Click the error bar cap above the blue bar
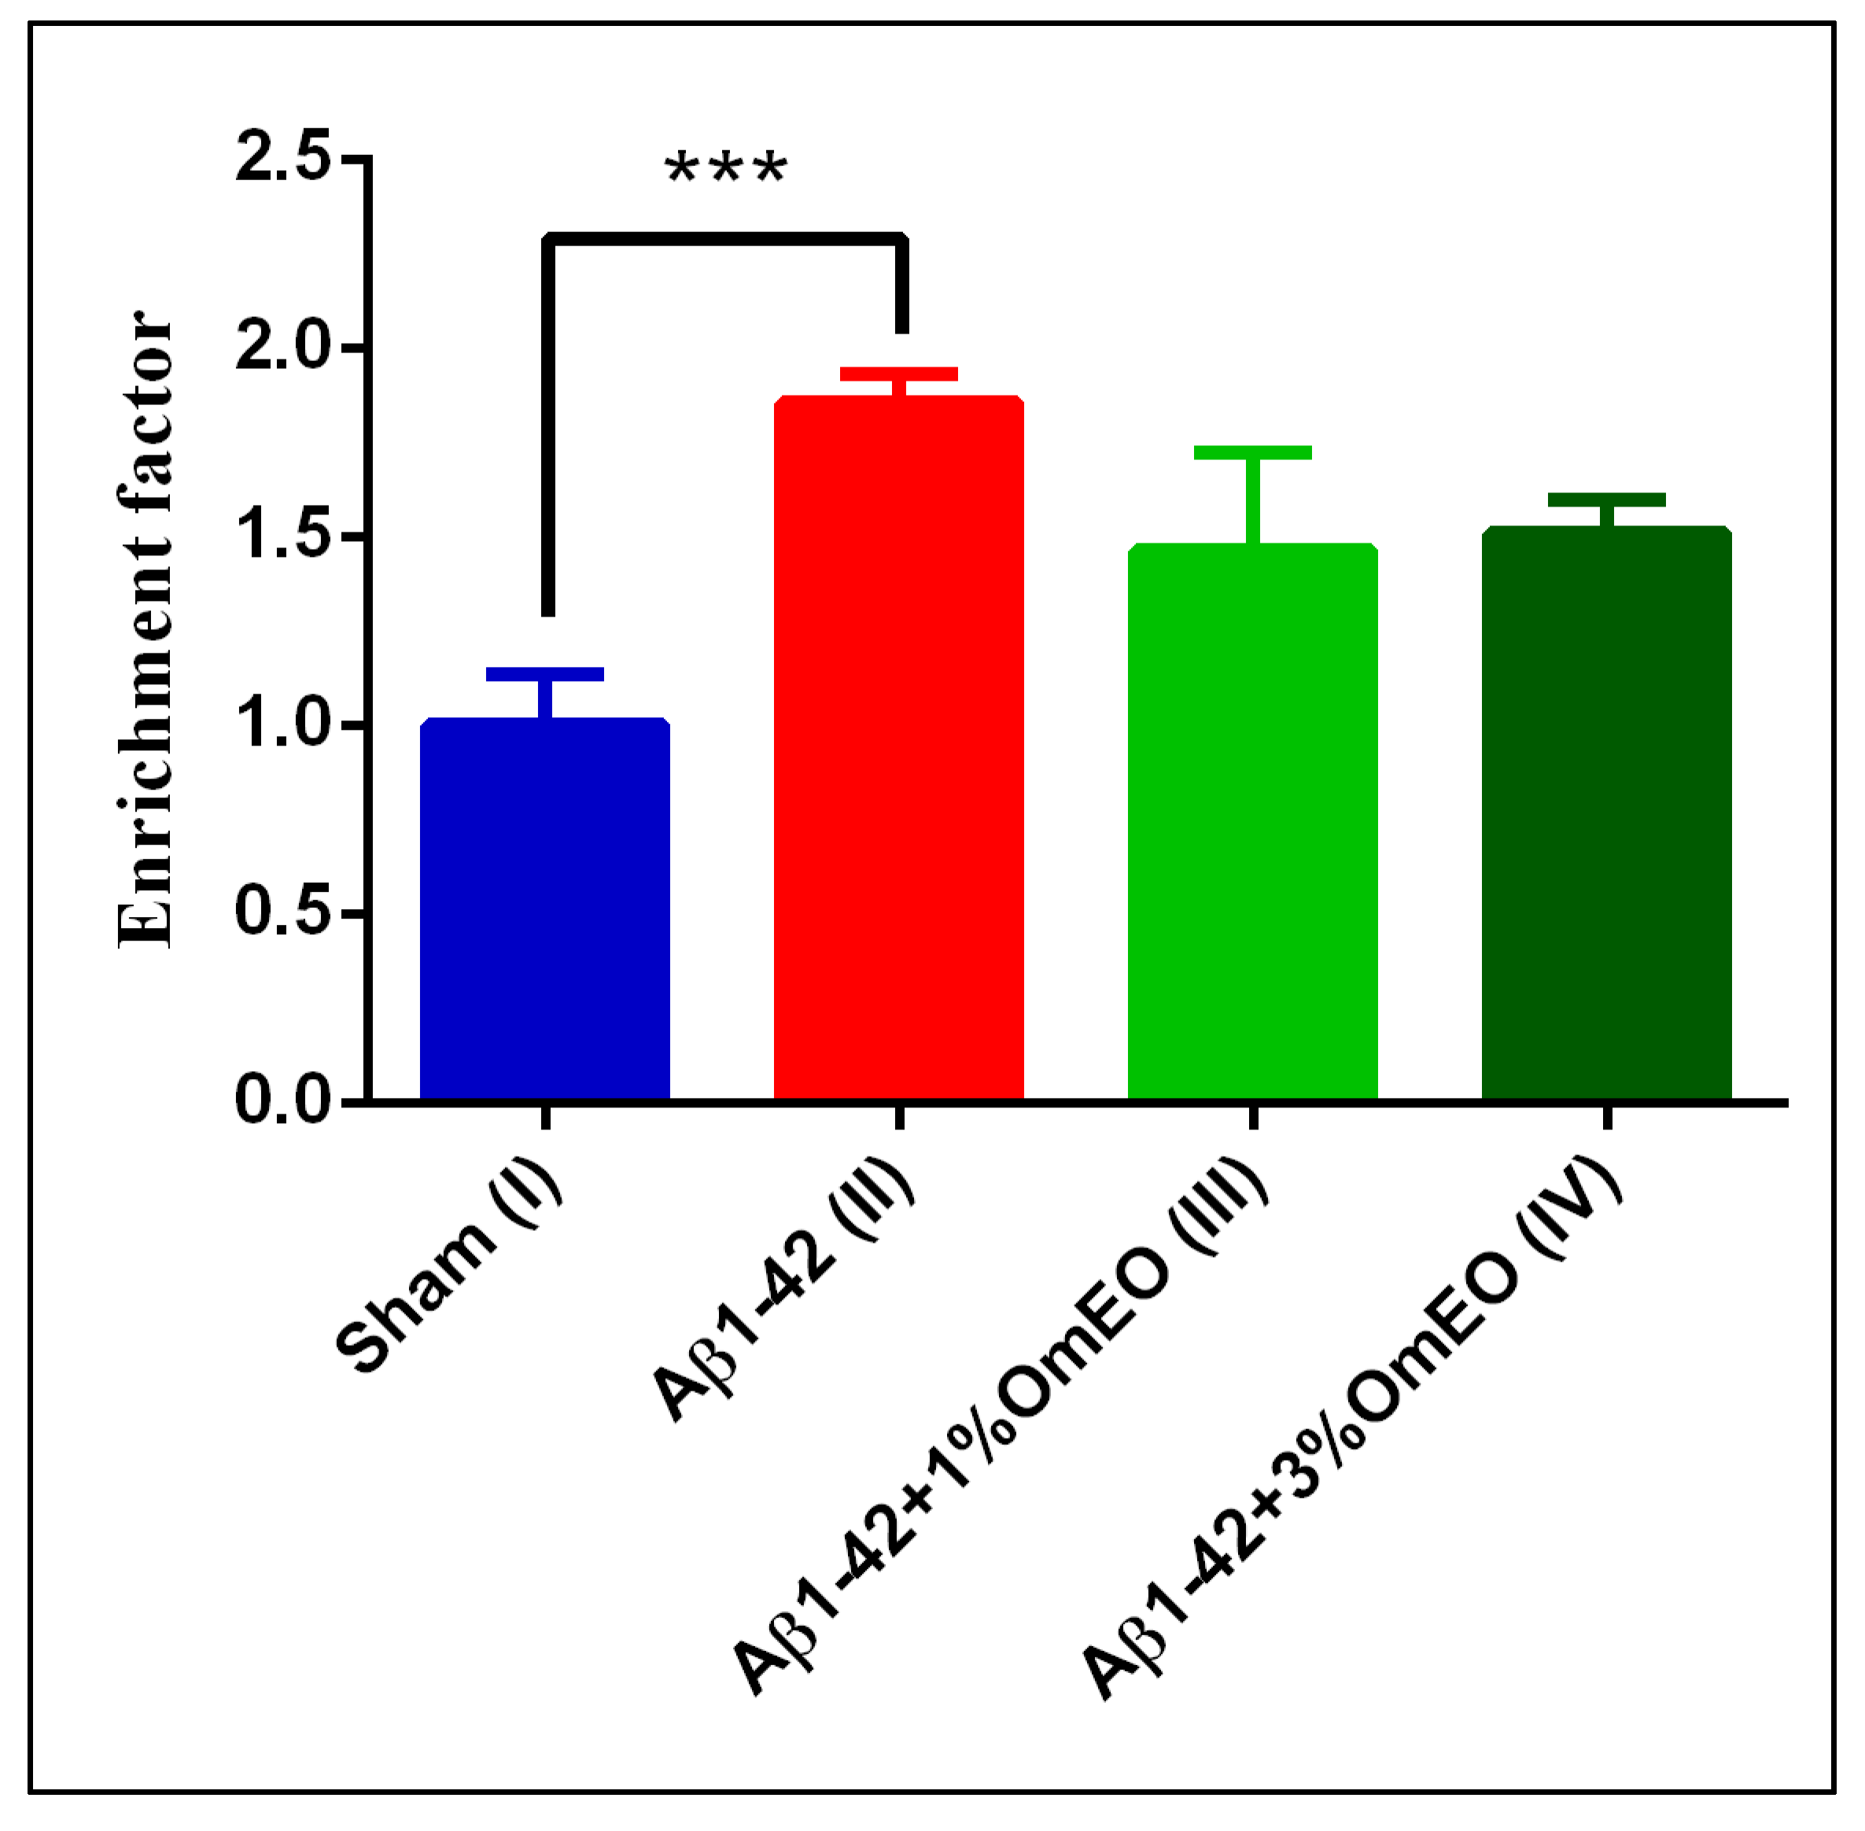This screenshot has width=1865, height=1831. tap(544, 674)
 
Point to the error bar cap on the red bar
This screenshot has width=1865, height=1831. tap(898, 374)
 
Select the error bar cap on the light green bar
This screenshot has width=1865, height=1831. tap(1252, 453)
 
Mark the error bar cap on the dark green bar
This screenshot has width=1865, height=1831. tap(1606, 500)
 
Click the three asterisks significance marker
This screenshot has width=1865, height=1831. tap(726, 171)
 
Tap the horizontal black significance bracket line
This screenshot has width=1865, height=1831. tap(726, 238)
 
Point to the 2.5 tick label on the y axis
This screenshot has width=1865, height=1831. tap(283, 158)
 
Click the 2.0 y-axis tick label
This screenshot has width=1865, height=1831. tap(283, 347)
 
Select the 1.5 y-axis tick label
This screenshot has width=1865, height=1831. tap(283, 536)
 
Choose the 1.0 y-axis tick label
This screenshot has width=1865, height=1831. tap(283, 724)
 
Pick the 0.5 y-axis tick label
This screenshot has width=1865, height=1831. tap(283, 912)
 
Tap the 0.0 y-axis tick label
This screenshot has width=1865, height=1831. tap(283, 1100)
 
